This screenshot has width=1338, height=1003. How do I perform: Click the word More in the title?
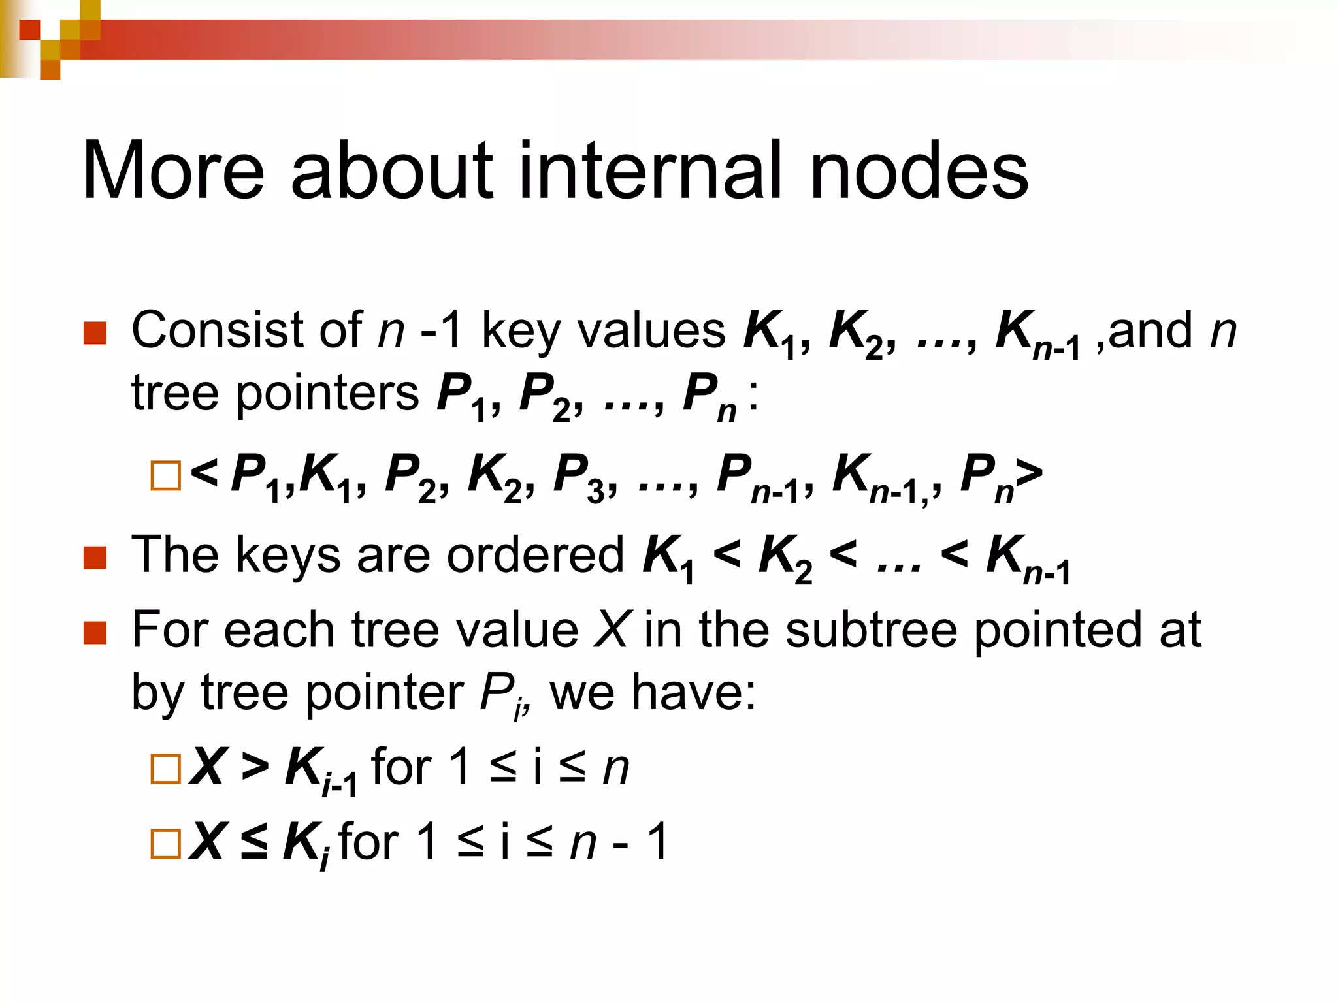173,171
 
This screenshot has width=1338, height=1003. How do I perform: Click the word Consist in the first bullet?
214,330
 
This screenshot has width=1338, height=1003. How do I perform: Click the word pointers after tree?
327,393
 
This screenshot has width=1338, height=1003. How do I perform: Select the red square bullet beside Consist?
95,333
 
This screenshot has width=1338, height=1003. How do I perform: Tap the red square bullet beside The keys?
95,558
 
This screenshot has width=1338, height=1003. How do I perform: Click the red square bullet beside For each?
95,632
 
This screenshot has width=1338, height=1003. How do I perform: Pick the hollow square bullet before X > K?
165,769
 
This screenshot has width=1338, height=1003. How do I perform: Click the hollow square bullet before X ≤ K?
165,844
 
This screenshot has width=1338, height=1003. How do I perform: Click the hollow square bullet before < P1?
165,475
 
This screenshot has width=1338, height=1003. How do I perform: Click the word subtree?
872,629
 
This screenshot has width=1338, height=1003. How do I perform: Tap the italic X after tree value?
613,629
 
